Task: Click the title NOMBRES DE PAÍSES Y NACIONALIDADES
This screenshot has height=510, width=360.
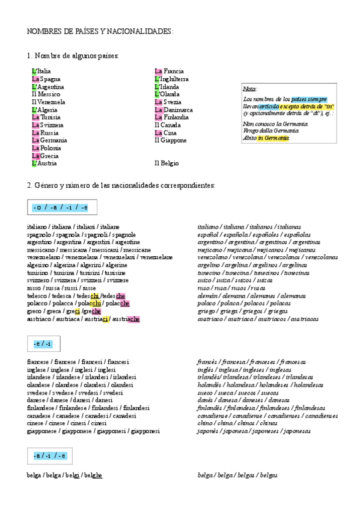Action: tap(100, 31)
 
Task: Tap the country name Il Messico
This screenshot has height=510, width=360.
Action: tap(46, 94)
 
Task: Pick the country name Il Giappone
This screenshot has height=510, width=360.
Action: tap(170, 141)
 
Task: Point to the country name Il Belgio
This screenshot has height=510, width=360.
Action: tap(166, 163)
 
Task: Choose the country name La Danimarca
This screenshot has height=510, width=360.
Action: tap(174, 110)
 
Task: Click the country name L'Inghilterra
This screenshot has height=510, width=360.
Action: tap(171, 79)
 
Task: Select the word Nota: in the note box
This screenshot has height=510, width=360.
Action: tap(250, 89)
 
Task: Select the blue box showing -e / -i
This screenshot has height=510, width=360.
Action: tap(43, 344)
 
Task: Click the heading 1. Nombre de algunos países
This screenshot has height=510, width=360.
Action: tap(73, 56)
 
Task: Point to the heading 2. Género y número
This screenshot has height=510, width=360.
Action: tap(121, 185)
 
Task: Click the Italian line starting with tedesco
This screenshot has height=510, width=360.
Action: tap(76, 296)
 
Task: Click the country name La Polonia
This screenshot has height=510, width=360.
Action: tap(46, 148)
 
